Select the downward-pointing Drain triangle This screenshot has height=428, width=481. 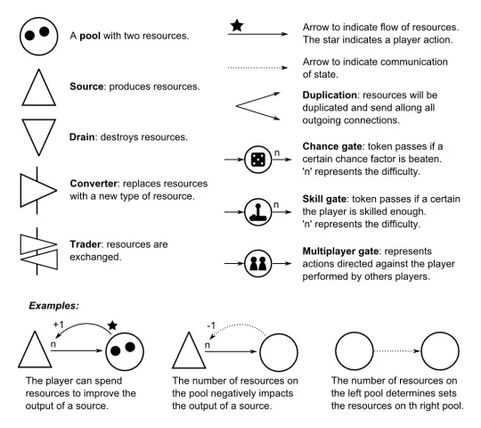[x=39, y=136]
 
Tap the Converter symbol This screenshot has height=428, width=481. [x=37, y=190]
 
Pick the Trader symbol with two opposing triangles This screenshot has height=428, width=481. [x=38, y=251]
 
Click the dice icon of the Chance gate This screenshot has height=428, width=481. [x=258, y=160]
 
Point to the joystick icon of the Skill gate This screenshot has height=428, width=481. [x=258, y=212]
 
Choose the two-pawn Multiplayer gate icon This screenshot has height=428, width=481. [x=258, y=263]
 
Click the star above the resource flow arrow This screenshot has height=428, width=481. [x=237, y=26]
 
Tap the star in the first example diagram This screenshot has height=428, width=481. [x=112, y=325]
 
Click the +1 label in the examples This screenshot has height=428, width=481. [x=58, y=325]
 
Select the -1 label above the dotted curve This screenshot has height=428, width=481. [x=211, y=325]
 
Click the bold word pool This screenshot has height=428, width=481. [x=90, y=37]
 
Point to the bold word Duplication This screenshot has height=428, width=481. [x=330, y=95]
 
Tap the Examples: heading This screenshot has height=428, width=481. [x=53, y=306]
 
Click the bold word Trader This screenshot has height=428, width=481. [x=86, y=244]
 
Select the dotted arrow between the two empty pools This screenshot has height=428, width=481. [x=397, y=351]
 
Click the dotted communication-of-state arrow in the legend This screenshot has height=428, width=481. [x=257, y=68]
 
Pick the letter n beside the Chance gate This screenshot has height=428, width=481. [x=277, y=152]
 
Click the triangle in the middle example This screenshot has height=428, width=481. [x=189, y=350]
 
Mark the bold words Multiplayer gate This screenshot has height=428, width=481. [x=340, y=251]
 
